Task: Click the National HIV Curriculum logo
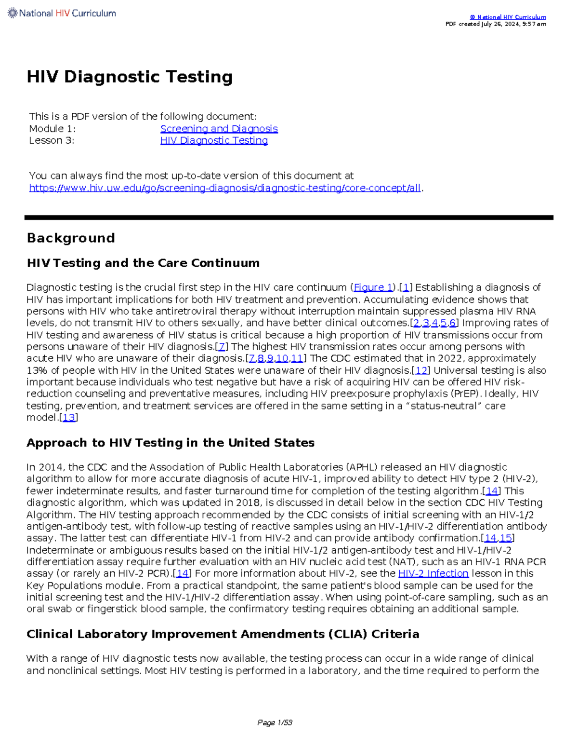coord(62,14)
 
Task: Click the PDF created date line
coord(496,24)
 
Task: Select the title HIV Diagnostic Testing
coord(130,77)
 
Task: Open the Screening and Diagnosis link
coord(219,129)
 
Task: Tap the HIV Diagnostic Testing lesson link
coord(214,140)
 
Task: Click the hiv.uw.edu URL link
coord(225,188)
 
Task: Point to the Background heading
coord(71,238)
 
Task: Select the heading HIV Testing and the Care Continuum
coord(143,263)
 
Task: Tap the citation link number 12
coord(421,370)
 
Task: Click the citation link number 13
coord(69,418)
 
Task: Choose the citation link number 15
coord(506,538)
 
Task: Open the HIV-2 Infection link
coord(433,573)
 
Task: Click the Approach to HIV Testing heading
coord(171,443)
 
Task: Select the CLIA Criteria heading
coord(223,634)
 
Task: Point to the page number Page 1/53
coord(275,722)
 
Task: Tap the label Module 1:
coord(53,129)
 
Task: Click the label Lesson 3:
coord(52,140)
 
